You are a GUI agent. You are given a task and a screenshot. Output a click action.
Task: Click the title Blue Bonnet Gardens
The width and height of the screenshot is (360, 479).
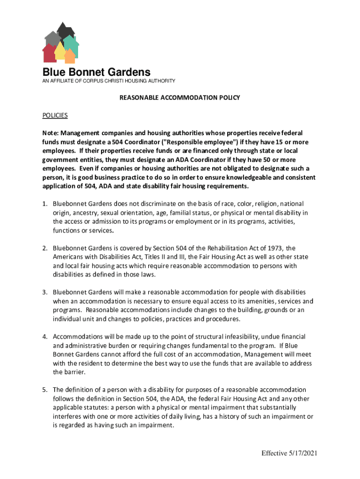point(96,73)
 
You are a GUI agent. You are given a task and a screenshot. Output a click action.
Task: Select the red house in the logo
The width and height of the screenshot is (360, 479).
point(49,53)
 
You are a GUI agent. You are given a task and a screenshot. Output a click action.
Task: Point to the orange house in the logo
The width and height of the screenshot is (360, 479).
point(70,56)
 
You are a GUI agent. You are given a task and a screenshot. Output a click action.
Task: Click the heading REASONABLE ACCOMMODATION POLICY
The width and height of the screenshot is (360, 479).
point(180,98)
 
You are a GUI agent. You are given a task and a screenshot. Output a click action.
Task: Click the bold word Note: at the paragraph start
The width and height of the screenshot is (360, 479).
point(51,133)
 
